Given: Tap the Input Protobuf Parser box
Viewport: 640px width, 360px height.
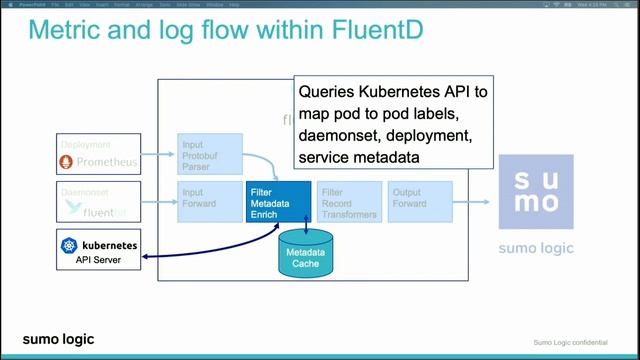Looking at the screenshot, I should coord(208,156).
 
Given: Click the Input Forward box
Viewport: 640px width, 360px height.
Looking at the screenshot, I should coord(208,202).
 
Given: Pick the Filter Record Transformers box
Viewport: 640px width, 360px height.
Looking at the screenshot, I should coord(348,202).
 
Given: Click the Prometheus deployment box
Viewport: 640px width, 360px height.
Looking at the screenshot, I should coord(98,154).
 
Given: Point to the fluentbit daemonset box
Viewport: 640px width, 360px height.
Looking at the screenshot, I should coord(98,202).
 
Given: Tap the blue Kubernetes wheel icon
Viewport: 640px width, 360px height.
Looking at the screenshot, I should coord(69,245).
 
